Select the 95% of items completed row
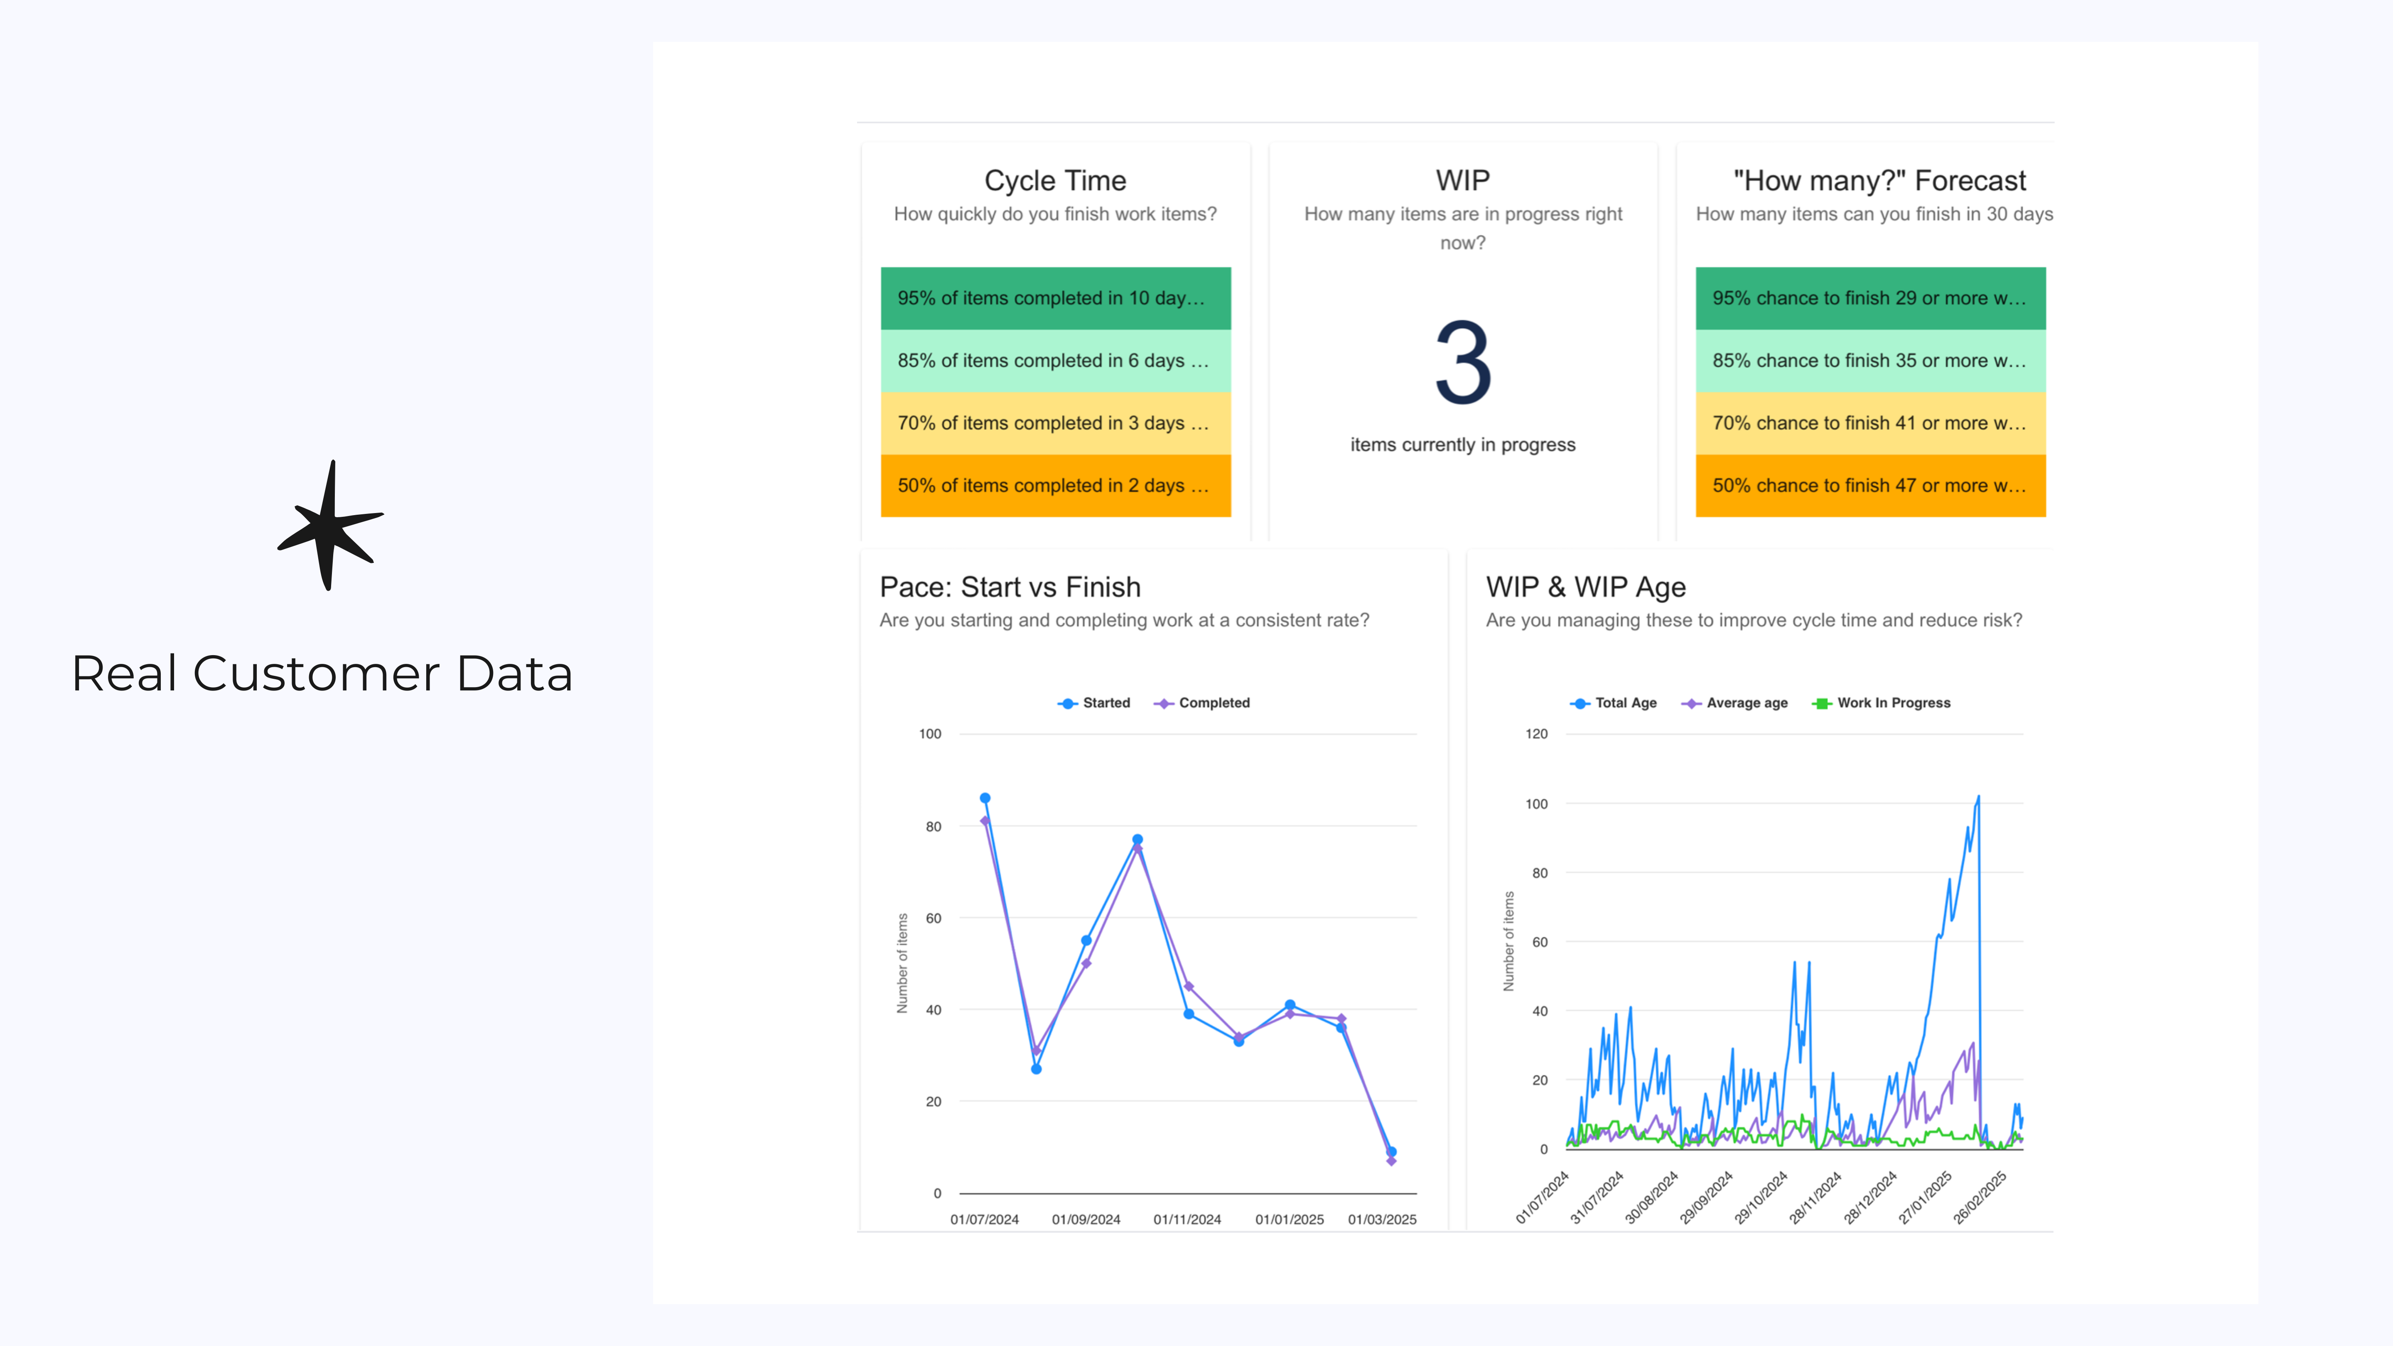[x=1055, y=298]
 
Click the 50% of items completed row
[x=1055, y=486]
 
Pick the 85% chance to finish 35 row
[x=1870, y=361]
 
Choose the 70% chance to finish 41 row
[x=1870, y=422]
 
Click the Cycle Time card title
[x=1055, y=180]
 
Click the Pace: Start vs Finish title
[x=1010, y=587]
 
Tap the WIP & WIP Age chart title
[x=1585, y=587]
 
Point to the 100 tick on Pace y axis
[x=930, y=734]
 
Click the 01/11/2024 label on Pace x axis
[x=1187, y=1220]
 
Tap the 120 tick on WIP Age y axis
[x=1536, y=734]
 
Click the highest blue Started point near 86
[x=985, y=798]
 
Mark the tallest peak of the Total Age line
[x=1978, y=797]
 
